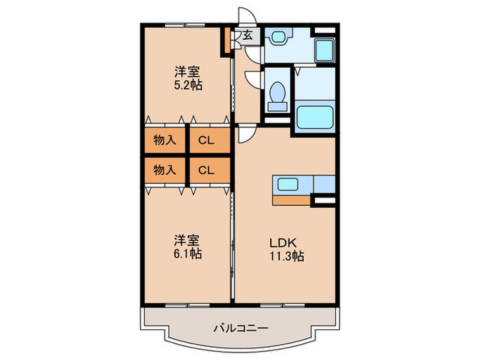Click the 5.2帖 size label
pos(187,86)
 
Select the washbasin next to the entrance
pos(280,36)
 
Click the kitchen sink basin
pos(287,184)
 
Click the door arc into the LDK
pos(245,135)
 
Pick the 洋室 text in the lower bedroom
pos(187,240)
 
